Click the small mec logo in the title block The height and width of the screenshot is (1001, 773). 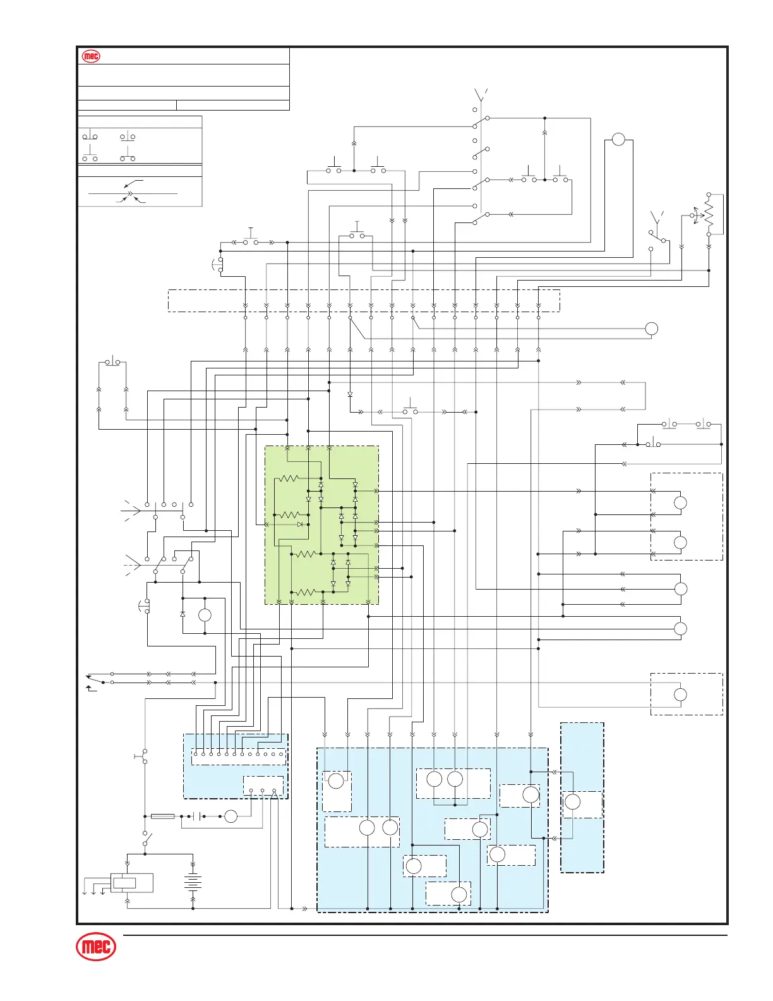[92, 56]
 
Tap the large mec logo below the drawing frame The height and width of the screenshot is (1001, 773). [96, 947]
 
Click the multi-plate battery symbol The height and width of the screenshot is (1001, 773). [193, 882]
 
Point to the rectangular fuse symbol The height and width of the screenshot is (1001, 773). [163, 816]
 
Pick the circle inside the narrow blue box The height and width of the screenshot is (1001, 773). [572, 802]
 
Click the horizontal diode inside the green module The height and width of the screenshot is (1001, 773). [300, 524]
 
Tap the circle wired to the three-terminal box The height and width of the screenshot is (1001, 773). [231, 816]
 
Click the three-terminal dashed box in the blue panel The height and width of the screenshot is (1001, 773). [263, 786]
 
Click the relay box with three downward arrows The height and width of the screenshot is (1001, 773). [131, 883]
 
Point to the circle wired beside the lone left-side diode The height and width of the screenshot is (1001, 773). [205, 616]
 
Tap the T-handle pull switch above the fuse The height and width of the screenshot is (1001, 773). [143, 756]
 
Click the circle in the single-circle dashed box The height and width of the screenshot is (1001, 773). [680, 695]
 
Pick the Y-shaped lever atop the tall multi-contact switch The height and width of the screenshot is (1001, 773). [480, 96]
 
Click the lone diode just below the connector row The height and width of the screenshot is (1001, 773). [350, 394]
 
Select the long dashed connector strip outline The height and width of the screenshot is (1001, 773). [364, 300]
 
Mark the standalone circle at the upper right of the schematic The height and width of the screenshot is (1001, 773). [618, 140]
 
